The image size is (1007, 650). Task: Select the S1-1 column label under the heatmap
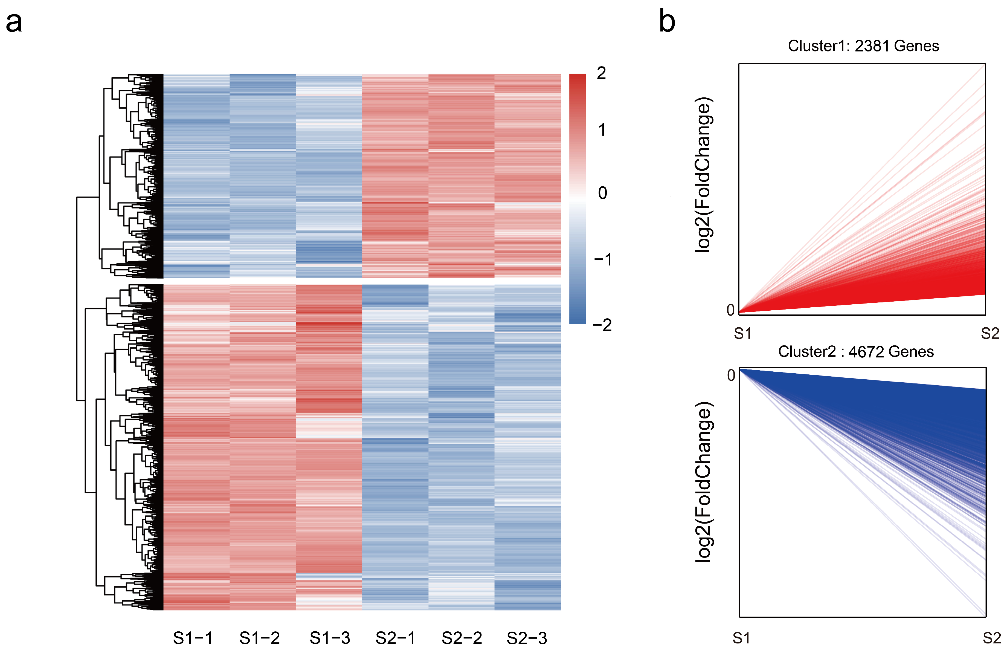click(193, 638)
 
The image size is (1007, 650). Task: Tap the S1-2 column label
click(259, 638)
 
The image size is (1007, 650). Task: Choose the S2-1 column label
click(395, 638)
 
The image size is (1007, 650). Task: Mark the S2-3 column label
click(527, 638)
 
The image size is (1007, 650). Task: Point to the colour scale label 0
click(602, 193)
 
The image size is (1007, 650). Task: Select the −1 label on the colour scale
click(602, 259)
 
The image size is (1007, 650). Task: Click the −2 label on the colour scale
click(602, 325)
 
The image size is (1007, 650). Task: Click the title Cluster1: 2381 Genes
click(863, 46)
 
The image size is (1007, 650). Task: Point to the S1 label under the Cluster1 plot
click(742, 334)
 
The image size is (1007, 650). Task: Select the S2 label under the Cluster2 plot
click(991, 638)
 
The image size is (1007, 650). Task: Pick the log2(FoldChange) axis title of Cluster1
click(703, 175)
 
